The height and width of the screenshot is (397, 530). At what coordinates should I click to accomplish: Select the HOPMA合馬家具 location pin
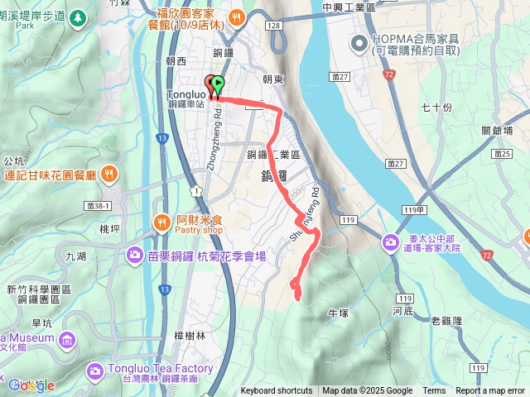(359, 43)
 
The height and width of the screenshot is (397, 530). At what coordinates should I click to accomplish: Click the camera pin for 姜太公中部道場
(390, 242)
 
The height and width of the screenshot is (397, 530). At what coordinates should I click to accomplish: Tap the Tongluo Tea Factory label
(159, 369)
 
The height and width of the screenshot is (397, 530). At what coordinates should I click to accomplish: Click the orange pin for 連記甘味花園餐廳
(110, 175)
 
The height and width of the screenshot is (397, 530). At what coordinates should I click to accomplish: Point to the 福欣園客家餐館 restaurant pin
(237, 17)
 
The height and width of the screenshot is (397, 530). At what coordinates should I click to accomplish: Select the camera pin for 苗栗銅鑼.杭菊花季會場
(133, 256)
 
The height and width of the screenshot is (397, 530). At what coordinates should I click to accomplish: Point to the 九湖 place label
(75, 256)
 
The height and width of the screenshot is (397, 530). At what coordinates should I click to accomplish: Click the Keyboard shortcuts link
(277, 391)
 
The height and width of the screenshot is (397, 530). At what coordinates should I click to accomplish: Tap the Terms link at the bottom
(434, 391)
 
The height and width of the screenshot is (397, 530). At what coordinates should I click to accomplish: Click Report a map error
(490, 391)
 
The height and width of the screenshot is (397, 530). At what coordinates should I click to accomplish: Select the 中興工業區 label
(349, 7)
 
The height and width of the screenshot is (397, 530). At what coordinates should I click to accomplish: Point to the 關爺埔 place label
(497, 130)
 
